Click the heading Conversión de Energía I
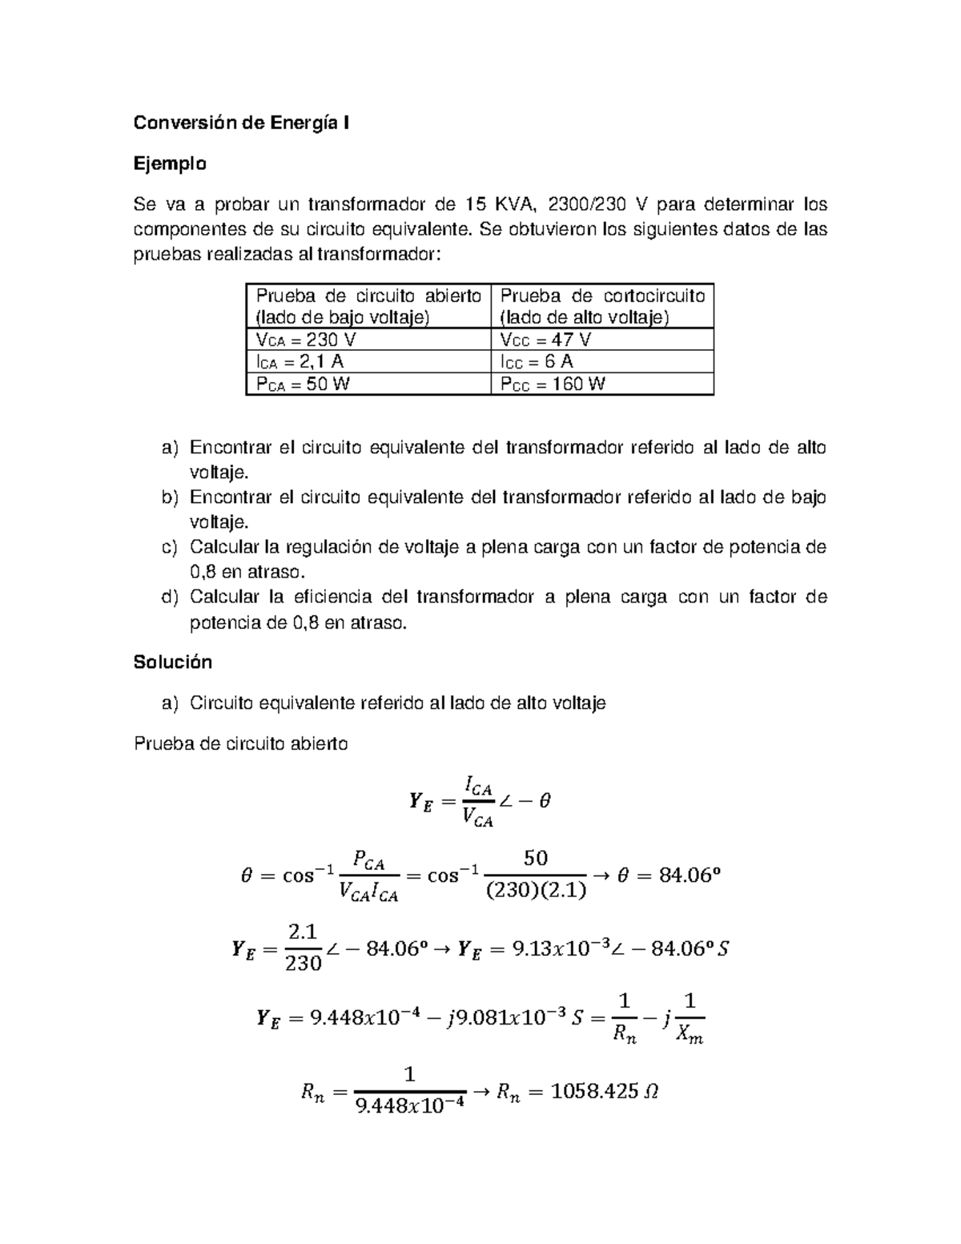(241, 123)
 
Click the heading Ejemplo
(170, 164)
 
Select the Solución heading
(173, 662)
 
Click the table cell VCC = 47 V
(545, 340)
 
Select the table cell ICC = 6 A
(537, 361)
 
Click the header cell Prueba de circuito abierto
(368, 306)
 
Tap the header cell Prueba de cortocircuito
(602, 306)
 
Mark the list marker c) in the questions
(169, 547)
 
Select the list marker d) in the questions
(169, 597)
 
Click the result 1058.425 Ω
(605, 1090)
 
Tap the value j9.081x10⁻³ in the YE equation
(495, 1018)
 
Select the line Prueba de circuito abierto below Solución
(241, 743)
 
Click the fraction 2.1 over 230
(304, 948)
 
